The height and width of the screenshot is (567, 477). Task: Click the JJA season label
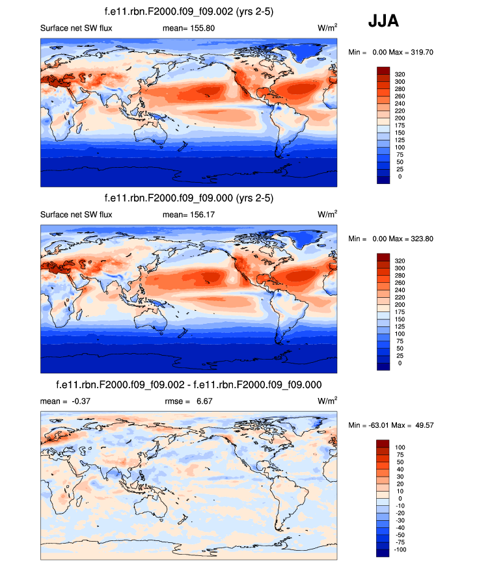(383, 21)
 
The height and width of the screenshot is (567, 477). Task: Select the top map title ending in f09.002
(189, 11)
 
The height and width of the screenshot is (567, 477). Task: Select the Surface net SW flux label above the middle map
(76, 215)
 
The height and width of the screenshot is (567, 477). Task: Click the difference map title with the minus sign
(189, 384)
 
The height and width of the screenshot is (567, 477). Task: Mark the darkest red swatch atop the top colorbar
(383, 70)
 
